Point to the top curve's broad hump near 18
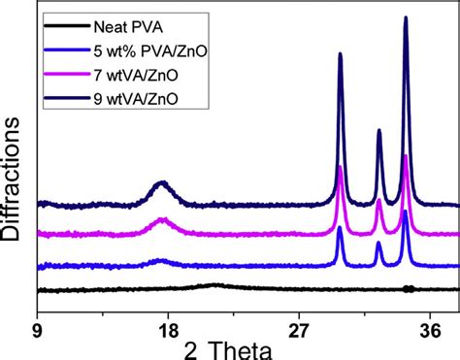(x=163, y=182)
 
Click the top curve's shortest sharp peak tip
(x=378, y=130)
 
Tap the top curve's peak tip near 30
(x=340, y=54)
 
